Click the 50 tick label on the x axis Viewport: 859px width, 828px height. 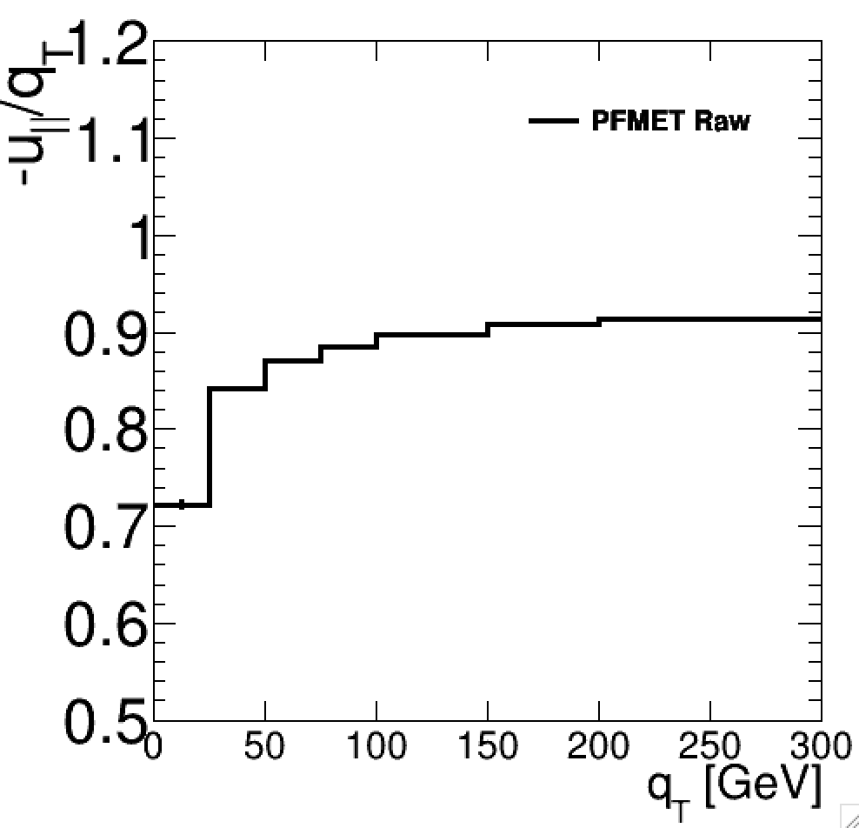pyautogui.click(x=263, y=746)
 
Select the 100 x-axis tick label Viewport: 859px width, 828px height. pyautogui.click(x=376, y=746)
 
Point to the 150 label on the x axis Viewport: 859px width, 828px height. pyautogui.click(x=487, y=746)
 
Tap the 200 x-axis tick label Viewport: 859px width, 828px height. pyautogui.click(x=598, y=746)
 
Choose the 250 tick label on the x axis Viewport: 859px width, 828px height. pyautogui.click(x=709, y=746)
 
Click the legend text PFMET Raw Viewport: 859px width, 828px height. pyautogui.click(x=670, y=122)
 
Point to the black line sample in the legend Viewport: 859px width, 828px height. pyautogui.click(x=553, y=122)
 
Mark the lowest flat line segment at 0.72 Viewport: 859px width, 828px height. pyautogui.click(x=182, y=504)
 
